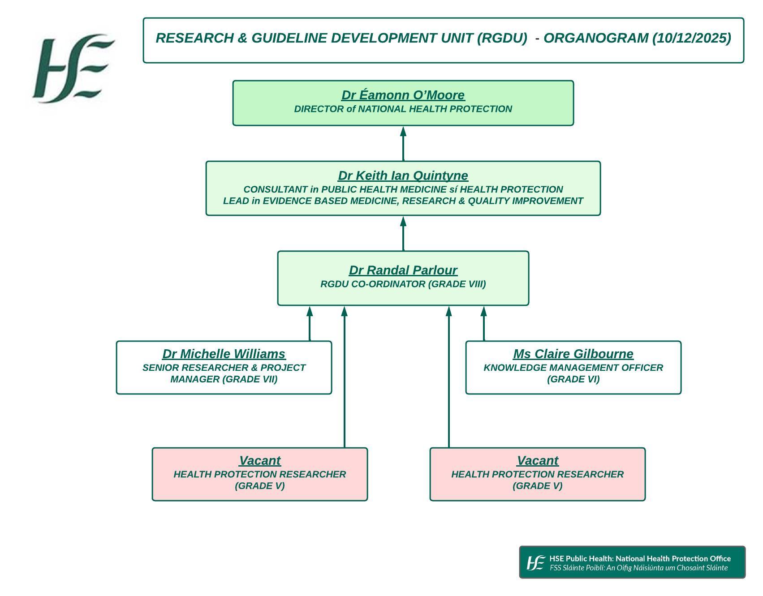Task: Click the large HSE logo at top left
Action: pyautogui.click(x=73, y=68)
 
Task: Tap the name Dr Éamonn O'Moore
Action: pyautogui.click(x=403, y=95)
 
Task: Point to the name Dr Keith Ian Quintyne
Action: pyautogui.click(x=403, y=176)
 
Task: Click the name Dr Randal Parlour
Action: pyautogui.click(x=403, y=270)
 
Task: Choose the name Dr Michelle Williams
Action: pyautogui.click(x=224, y=354)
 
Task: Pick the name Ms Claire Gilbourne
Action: pyautogui.click(x=573, y=354)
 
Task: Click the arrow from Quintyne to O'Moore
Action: pyautogui.click(x=403, y=143)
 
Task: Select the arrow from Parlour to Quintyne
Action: pyautogui.click(x=403, y=233)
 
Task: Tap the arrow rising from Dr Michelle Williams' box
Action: pyautogui.click(x=310, y=323)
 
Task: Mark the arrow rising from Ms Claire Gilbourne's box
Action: pyautogui.click(x=484, y=323)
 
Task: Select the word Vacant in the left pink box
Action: pyautogui.click(x=260, y=461)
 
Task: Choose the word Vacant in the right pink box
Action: pyautogui.click(x=538, y=461)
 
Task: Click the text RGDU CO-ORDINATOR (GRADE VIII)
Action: pyautogui.click(x=403, y=284)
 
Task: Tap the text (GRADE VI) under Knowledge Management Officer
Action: pyautogui.click(x=573, y=379)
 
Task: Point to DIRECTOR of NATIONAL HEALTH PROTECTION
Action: pyautogui.click(x=403, y=109)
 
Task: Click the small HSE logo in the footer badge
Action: pyautogui.click(x=536, y=563)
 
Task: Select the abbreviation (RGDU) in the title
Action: pyautogui.click(x=502, y=39)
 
